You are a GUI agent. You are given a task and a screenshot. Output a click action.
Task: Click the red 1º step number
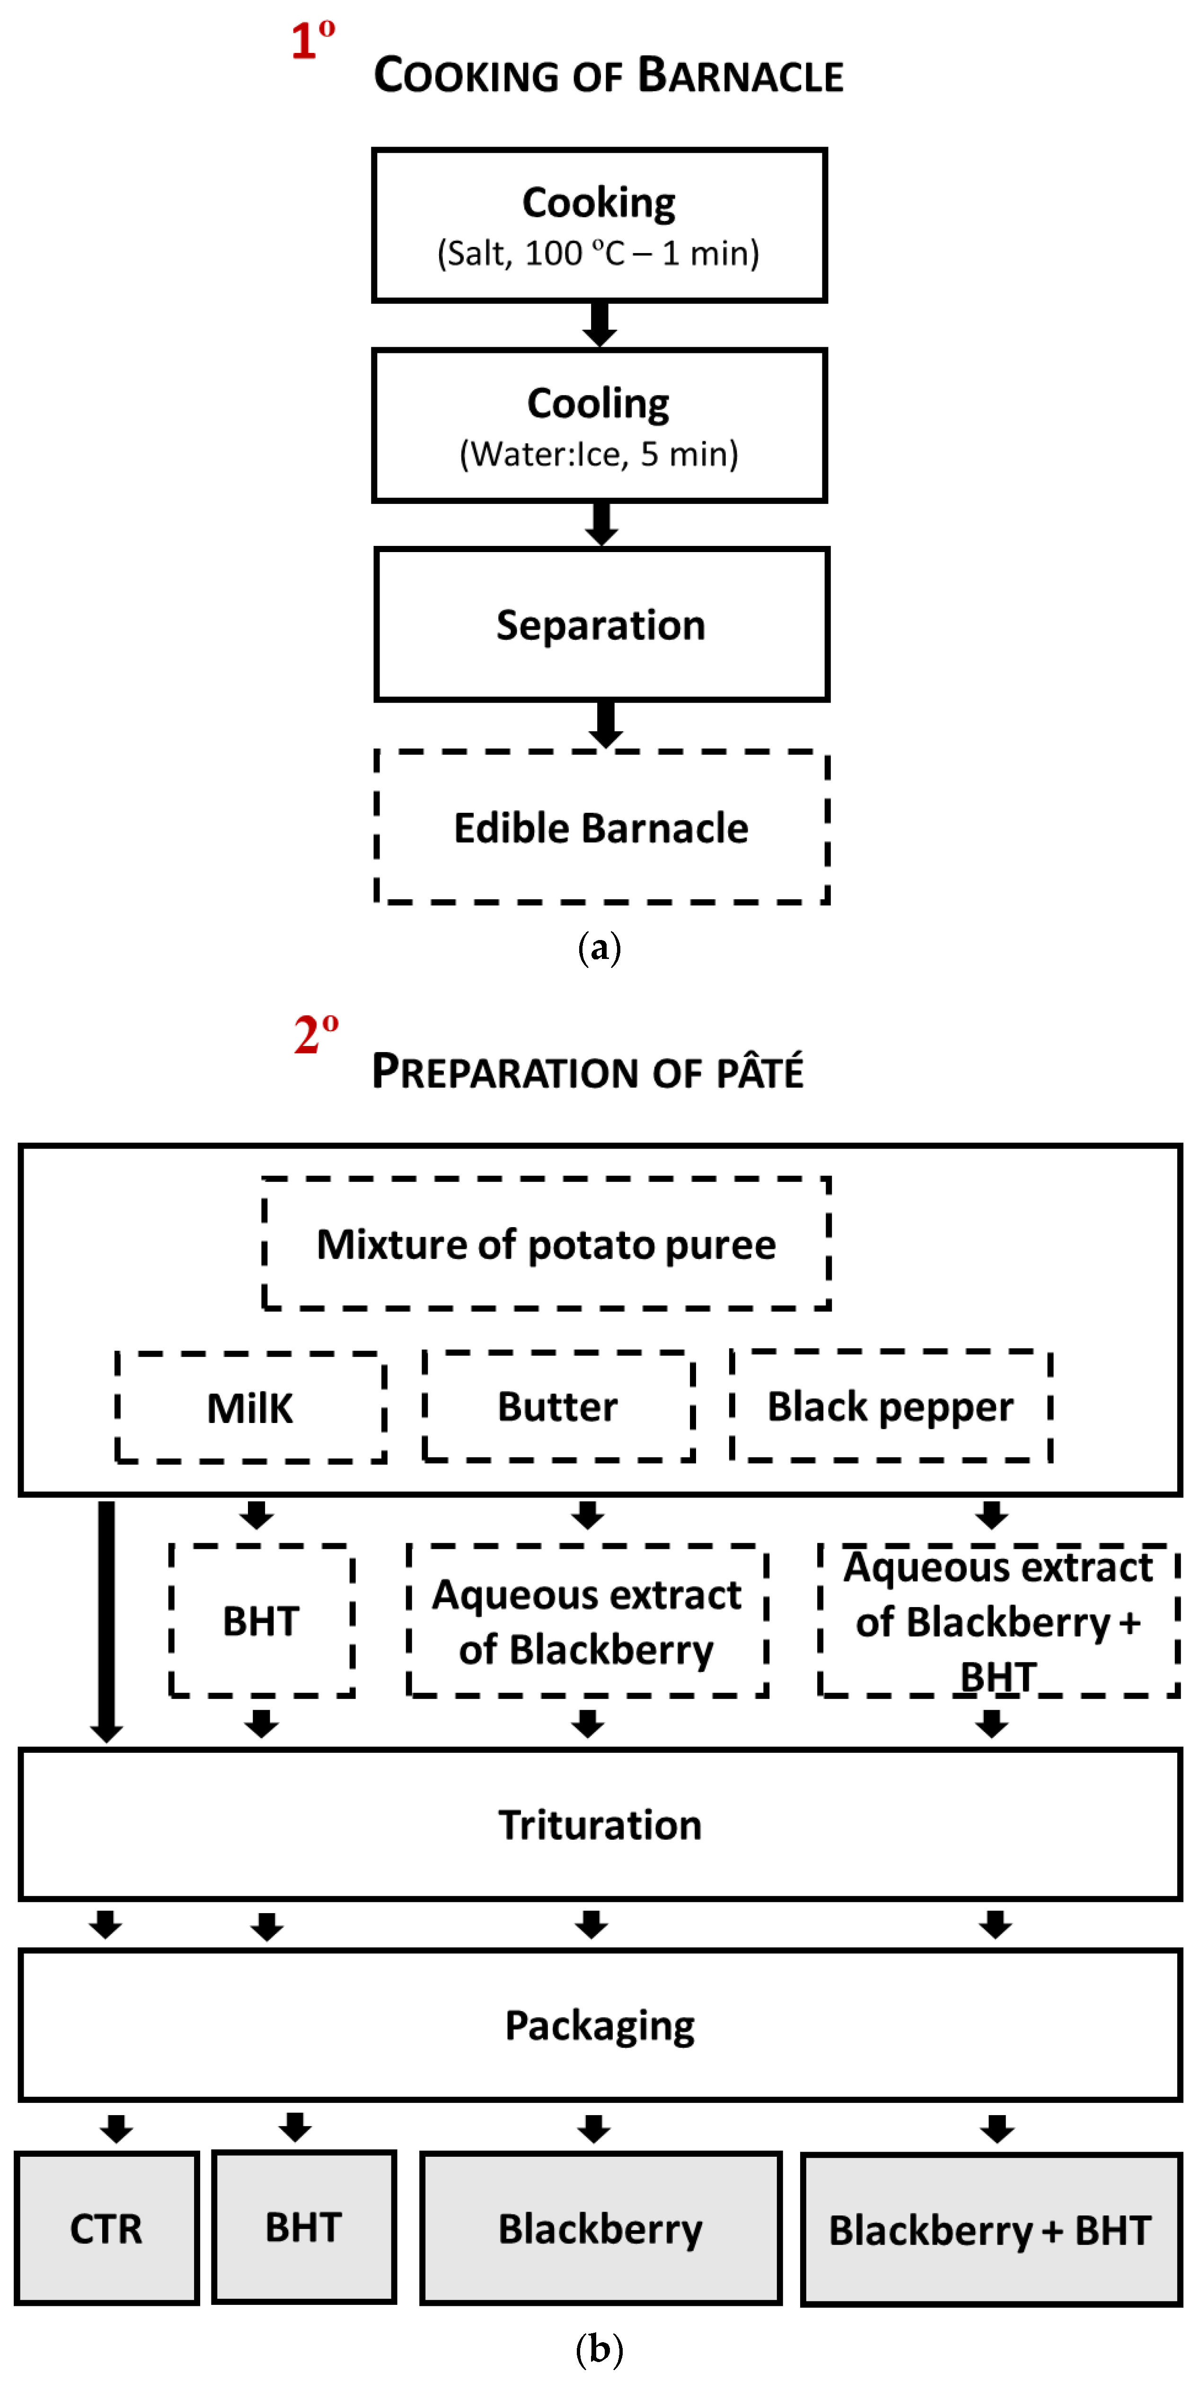point(312,41)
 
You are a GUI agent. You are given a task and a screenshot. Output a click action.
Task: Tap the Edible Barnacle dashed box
point(601,827)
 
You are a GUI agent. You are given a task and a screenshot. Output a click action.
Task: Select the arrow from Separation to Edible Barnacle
point(606,724)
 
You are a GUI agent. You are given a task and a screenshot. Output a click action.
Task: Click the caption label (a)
point(599,948)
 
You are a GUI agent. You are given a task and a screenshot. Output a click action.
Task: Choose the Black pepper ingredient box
point(890,1406)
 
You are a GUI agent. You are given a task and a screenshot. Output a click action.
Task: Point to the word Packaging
point(600,2025)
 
